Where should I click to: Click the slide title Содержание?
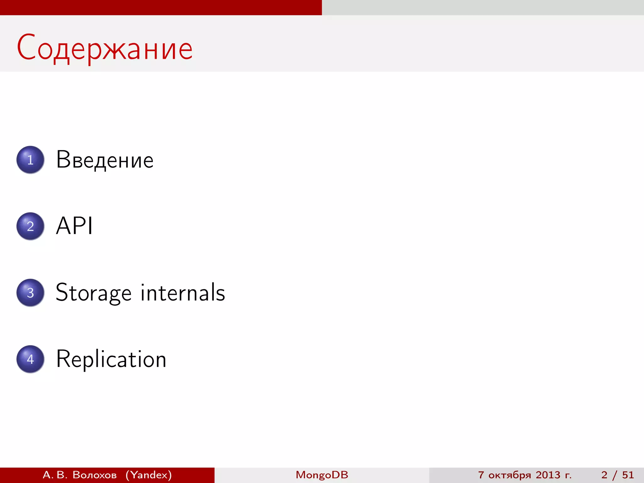click(x=105, y=48)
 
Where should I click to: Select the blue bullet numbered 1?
click(x=30, y=160)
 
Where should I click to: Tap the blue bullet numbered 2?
click(x=30, y=226)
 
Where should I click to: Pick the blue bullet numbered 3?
click(x=30, y=293)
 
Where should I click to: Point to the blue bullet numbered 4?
click(x=30, y=359)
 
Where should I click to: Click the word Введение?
click(x=105, y=160)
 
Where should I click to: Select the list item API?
click(x=74, y=226)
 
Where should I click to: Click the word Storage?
click(x=93, y=293)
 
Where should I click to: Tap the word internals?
click(x=183, y=292)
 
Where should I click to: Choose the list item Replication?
click(x=111, y=359)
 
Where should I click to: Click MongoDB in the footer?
click(x=322, y=475)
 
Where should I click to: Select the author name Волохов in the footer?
click(x=95, y=475)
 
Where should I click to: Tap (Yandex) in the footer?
click(x=149, y=475)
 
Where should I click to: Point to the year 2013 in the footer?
click(x=548, y=475)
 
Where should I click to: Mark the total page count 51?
click(x=628, y=475)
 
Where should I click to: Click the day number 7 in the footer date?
click(x=481, y=475)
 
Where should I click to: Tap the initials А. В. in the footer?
click(x=55, y=475)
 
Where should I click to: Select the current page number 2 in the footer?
click(x=604, y=475)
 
